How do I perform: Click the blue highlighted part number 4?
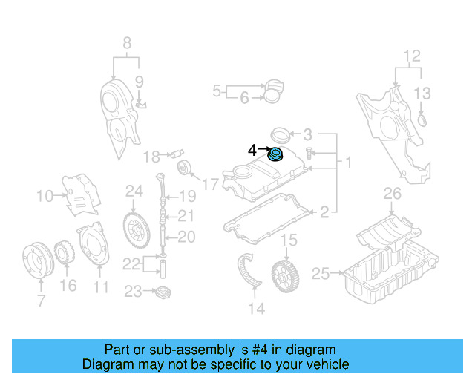click(276, 154)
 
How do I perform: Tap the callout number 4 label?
click(252, 151)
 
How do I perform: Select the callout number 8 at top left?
click(127, 43)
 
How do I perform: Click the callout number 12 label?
click(411, 55)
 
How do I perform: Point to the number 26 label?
click(392, 195)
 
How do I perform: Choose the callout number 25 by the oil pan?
click(320, 275)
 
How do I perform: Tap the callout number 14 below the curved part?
click(256, 308)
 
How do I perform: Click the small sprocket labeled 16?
click(64, 252)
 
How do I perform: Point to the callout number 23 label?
click(132, 292)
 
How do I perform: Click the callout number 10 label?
click(45, 197)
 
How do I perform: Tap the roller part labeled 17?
click(183, 167)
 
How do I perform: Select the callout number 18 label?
click(151, 157)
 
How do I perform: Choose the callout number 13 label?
click(422, 93)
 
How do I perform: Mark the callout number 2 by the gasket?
click(324, 213)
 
